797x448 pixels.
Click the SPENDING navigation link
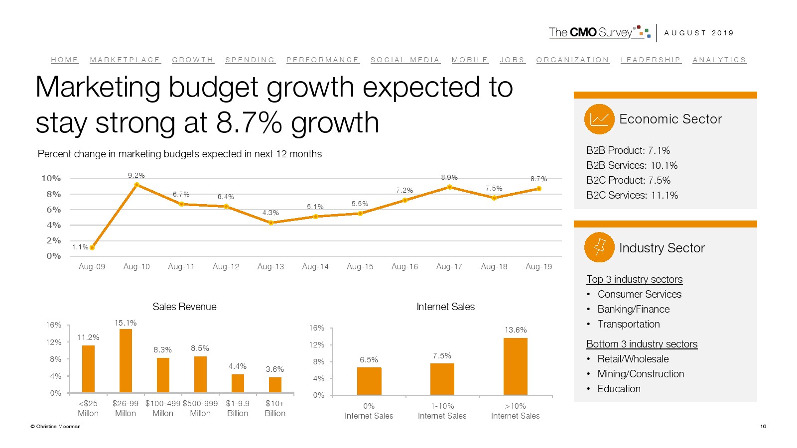point(250,60)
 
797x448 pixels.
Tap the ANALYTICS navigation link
point(719,60)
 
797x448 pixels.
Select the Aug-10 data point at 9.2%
point(136,185)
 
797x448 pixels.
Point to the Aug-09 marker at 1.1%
point(92,247)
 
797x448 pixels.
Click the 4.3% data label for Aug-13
point(270,213)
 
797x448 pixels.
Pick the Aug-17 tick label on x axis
point(449,267)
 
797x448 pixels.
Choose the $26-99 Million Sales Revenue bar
point(126,361)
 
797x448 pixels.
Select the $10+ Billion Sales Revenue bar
point(275,385)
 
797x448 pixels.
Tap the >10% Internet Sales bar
point(515,366)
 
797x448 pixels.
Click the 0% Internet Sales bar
point(369,381)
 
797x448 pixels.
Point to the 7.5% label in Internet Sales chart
point(442,356)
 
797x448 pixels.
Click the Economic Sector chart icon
point(599,119)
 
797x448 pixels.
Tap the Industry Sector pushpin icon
point(599,247)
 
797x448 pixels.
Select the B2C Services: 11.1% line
point(632,195)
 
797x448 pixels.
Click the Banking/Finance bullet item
point(633,309)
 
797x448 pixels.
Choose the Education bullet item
point(619,389)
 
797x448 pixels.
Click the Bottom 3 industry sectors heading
point(642,344)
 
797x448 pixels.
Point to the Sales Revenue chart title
point(184,307)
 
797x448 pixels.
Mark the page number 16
point(763,426)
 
